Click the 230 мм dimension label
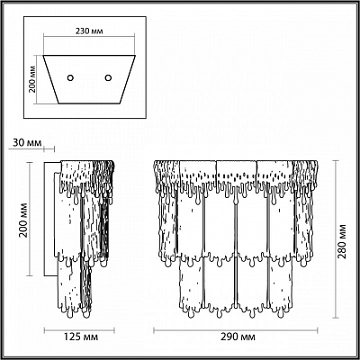tap(89, 31)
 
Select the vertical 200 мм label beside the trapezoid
tap(33, 80)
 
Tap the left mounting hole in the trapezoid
tap(70, 78)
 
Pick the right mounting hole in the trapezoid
tap(108, 78)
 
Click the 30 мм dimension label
tap(27, 143)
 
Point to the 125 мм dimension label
tap(79, 337)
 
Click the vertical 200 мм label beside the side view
tap(23, 220)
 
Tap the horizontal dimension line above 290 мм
tap(236, 330)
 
